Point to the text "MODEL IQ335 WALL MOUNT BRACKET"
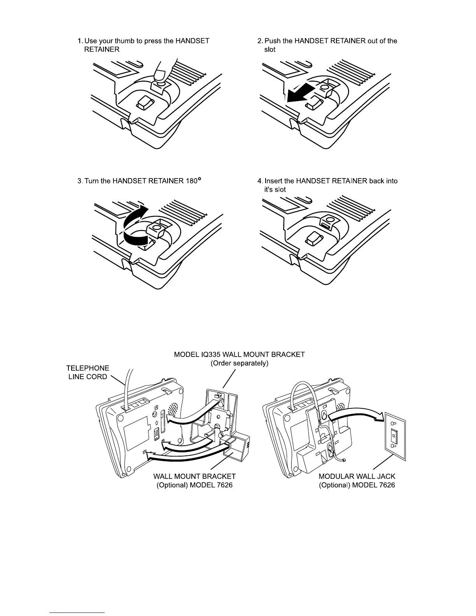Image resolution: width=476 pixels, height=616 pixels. pos(239,354)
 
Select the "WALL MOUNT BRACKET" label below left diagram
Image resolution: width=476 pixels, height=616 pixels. pos(194,476)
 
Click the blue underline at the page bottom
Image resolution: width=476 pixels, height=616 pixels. pos(77,612)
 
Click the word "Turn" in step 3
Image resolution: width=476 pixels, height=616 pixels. pos(91,181)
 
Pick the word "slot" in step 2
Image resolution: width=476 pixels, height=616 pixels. pos(269,49)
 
